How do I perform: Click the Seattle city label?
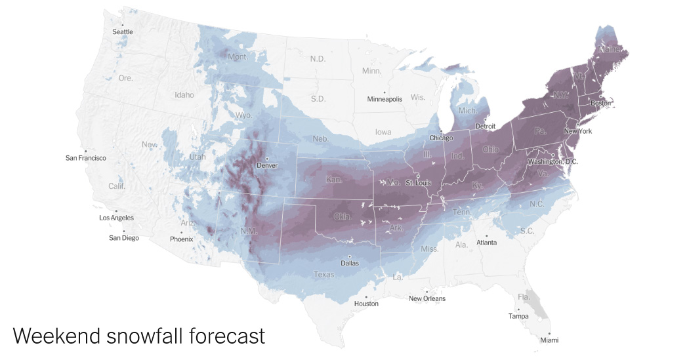pos(123,31)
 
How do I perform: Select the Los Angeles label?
pos(116,218)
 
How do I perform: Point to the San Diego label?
pos(124,238)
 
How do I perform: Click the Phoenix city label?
pos(181,239)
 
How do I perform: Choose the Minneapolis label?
pos(385,100)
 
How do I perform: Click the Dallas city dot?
pos(350,256)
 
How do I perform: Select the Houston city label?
pos(366,304)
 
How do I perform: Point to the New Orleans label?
pos(427,298)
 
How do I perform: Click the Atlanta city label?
pos(487,243)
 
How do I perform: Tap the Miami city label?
pos(550,340)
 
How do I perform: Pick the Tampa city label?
pos(518,316)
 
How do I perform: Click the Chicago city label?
pos(441,138)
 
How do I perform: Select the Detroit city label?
pos(486,126)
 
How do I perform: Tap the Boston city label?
pos(601,103)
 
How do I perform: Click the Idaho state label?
pos(184,94)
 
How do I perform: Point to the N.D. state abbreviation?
pos(318,59)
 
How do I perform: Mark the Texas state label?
pos(324,275)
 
